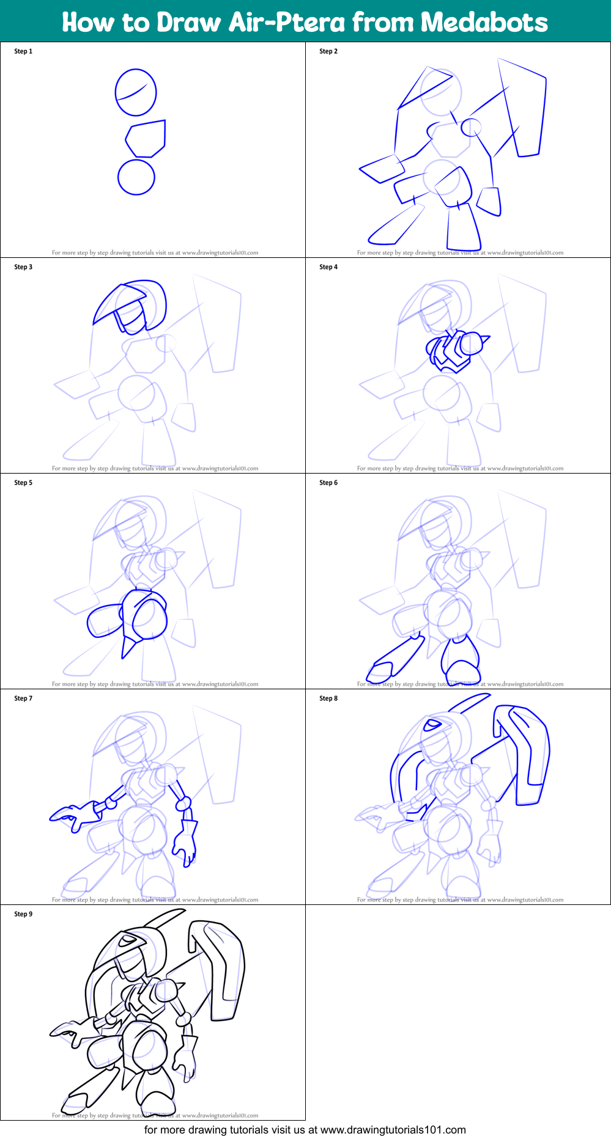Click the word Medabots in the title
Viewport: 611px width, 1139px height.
[484, 22]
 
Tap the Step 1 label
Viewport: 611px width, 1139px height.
[23, 51]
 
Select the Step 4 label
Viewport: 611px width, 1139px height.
[328, 267]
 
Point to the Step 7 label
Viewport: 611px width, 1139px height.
[23, 698]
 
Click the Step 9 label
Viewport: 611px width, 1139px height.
[23, 914]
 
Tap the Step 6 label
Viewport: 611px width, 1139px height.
[328, 483]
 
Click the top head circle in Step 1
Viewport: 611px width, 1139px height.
[136, 92]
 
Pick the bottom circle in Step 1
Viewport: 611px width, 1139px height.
[136, 177]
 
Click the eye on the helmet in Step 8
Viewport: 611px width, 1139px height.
[432, 725]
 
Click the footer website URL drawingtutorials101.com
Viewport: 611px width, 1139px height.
[393, 1130]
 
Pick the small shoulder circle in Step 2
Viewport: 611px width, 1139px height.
[471, 127]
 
